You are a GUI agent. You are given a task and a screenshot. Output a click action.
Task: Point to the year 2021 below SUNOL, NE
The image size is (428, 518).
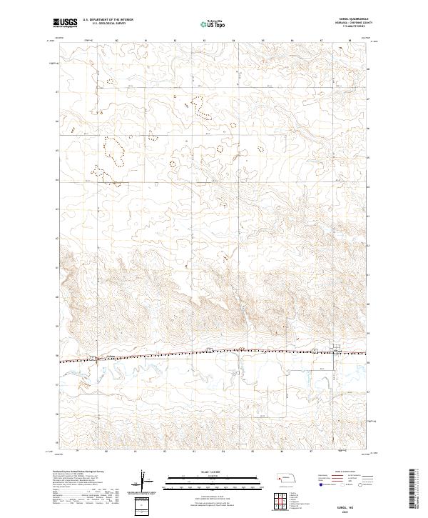[357, 510]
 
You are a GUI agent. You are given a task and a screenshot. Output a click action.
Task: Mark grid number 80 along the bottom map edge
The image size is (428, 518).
[106, 451]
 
